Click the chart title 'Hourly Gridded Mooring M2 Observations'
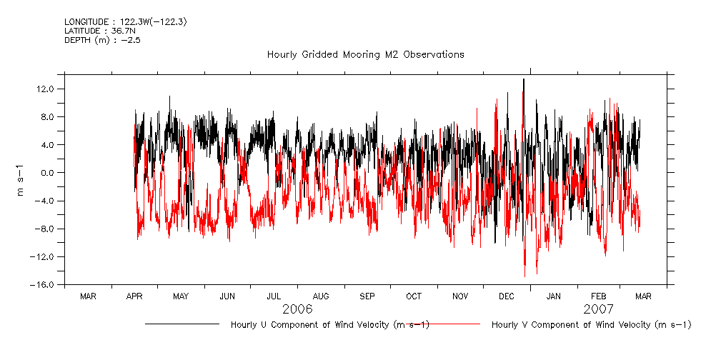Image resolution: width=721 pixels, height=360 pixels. (x=365, y=54)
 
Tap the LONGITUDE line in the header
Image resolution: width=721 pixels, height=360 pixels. (x=125, y=22)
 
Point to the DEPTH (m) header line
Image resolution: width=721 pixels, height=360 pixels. (x=102, y=40)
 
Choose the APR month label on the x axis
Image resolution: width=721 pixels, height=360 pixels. (x=134, y=296)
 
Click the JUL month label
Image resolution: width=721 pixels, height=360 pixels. (x=274, y=296)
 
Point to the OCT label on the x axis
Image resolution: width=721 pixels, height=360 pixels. (x=414, y=296)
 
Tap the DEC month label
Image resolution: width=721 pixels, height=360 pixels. (x=506, y=296)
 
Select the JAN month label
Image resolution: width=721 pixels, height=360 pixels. (x=553, y=296)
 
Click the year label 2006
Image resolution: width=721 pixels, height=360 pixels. (x=297, y=309)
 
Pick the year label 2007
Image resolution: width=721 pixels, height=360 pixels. (x=598, y=309)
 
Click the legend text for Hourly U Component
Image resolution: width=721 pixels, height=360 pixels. (x=329, y=325)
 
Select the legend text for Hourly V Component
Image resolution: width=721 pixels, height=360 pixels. (x=592, y=325)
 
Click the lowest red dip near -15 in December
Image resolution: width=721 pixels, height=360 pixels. (x=524, y=274)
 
